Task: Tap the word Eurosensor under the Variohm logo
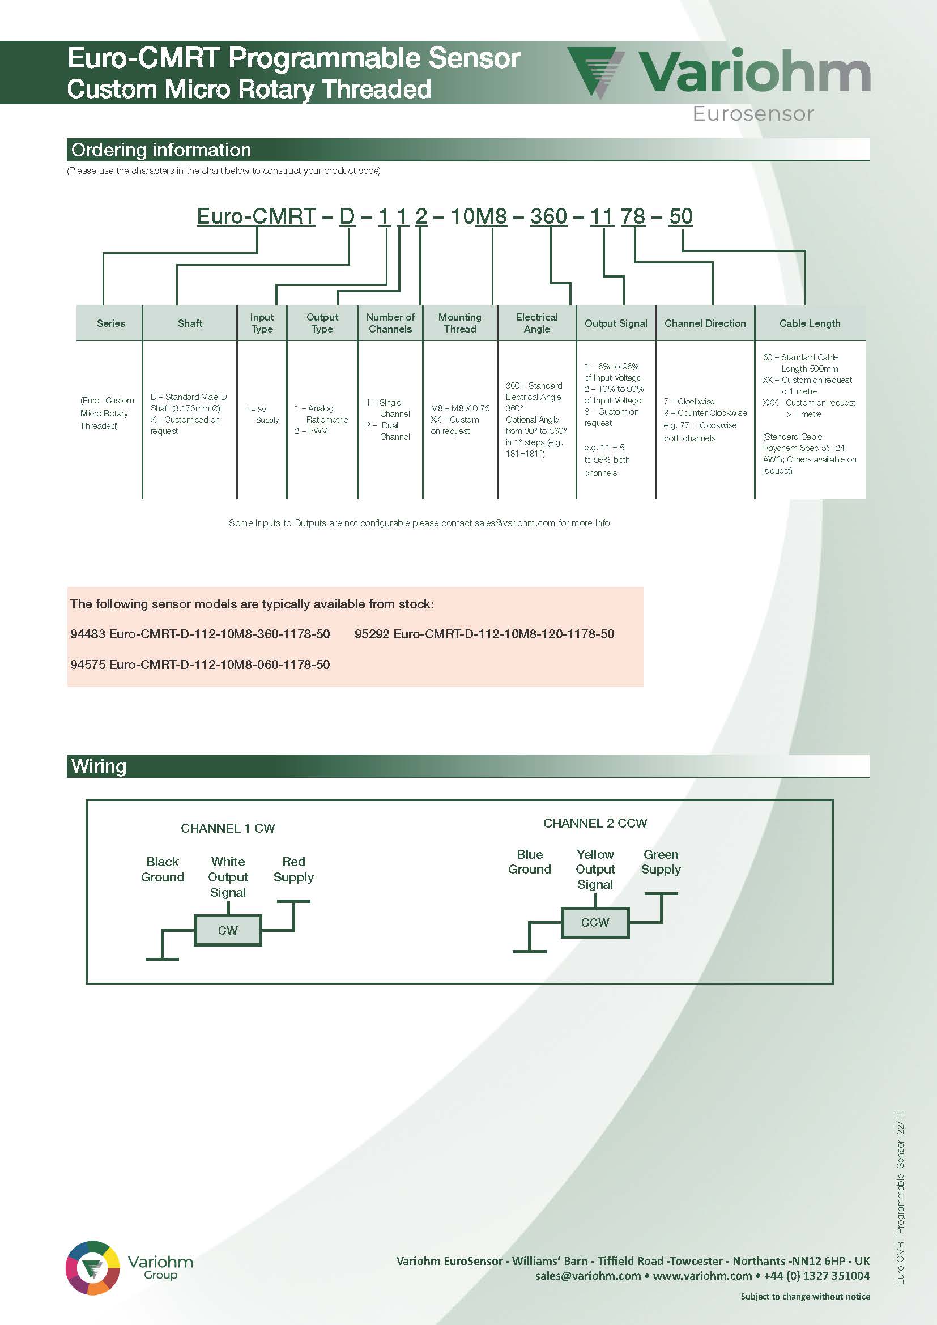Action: point(753,114)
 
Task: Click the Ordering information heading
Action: point(161,150)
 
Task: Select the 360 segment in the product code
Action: point(549,216)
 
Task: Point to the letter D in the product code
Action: point(347,216)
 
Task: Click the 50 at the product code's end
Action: point(681,216)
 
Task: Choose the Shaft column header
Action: point(190,323)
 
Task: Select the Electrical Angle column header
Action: point(536,323)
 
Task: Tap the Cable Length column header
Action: point(810,323)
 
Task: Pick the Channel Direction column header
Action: point(705,323)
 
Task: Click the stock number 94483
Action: point(88,634)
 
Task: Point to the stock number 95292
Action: point(372,634)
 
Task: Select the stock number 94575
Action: point(88,664)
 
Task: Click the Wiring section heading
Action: point(99,766)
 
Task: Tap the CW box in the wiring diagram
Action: point(228,930)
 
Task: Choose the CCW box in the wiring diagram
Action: point(595,922)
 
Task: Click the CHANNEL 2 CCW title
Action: point(595,823)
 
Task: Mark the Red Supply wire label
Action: point(293,869)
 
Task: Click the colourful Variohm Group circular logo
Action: point(93,1267)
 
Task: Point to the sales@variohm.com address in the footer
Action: point(588,1275)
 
